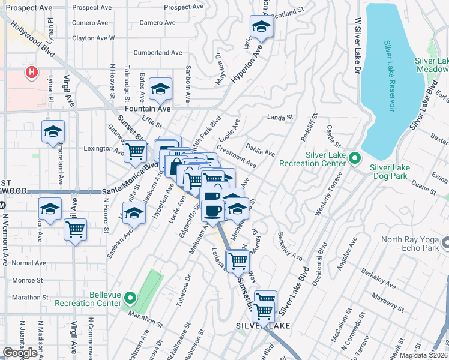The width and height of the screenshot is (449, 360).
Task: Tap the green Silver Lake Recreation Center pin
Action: (355, 159)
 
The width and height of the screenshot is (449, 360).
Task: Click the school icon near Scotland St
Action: (261, 26)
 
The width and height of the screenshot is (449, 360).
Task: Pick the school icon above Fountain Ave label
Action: (161, 89)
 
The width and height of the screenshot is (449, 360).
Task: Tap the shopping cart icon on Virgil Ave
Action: (76, 229)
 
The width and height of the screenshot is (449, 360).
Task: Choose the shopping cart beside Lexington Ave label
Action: (135, 152)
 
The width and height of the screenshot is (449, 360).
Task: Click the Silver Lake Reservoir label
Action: (390, 76)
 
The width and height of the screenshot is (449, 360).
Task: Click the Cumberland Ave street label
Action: (158, 53)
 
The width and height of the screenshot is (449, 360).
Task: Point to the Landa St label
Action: (279, 118)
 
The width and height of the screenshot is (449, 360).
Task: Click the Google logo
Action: (20, 353)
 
